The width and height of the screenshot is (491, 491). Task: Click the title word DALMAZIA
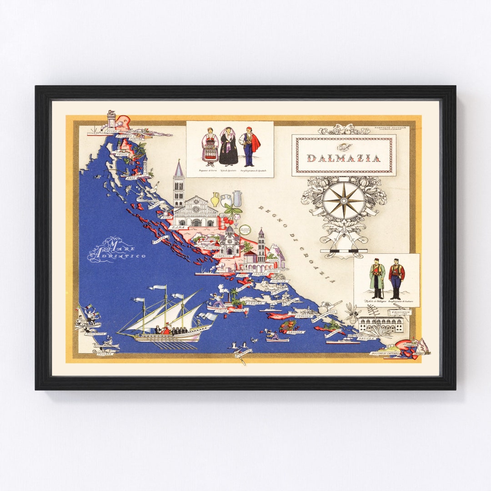click(344, 158)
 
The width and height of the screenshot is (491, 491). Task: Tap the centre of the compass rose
click(344, 200)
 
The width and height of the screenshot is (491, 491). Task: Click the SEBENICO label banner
click(224, 256)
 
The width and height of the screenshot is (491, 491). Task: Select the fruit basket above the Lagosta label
click(288, 325)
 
